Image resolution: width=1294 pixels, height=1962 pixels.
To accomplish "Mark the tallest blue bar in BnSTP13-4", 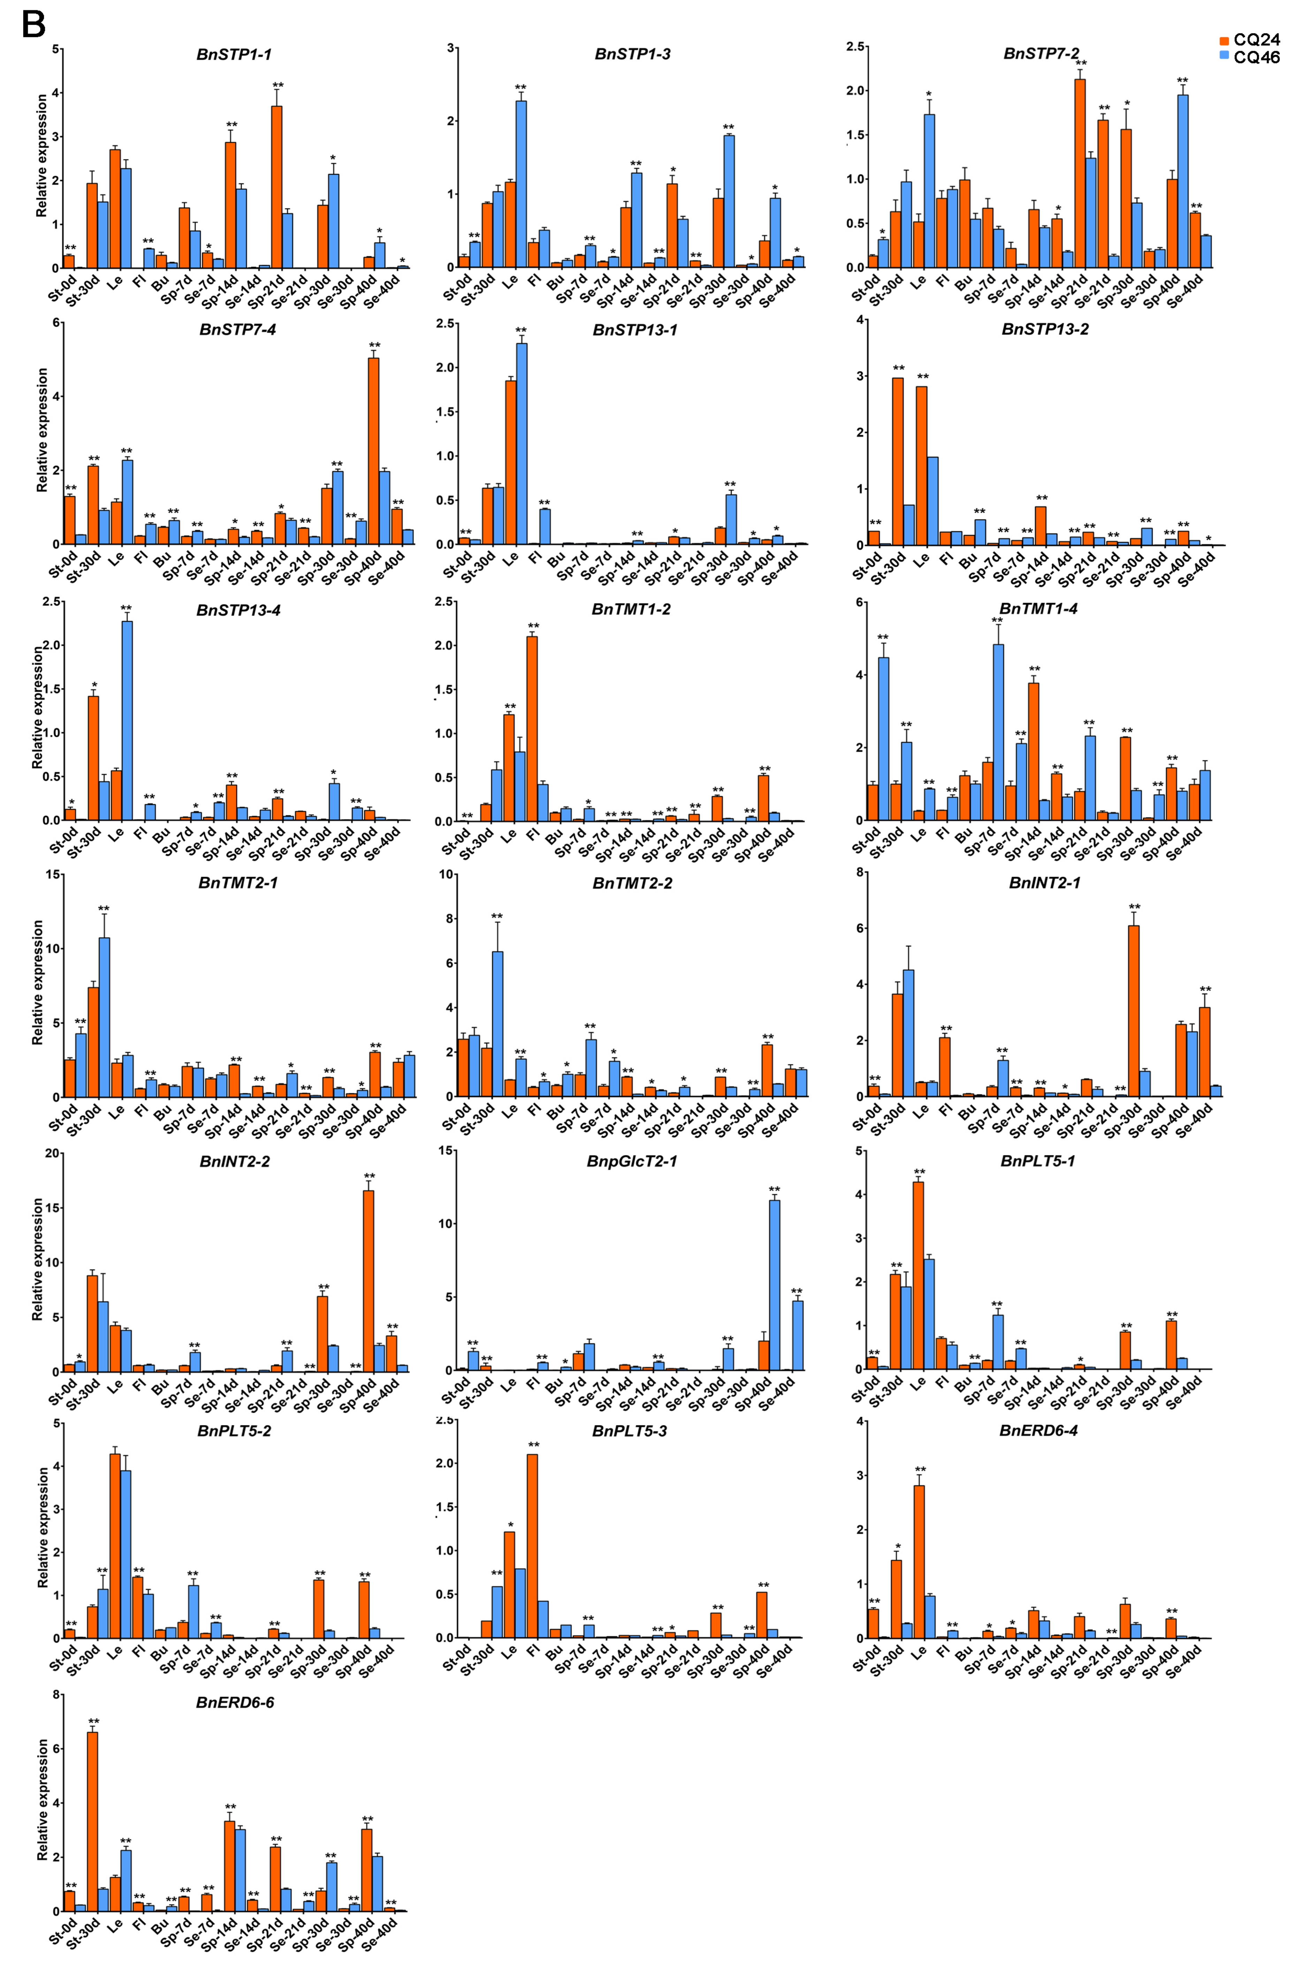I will coord(127,720).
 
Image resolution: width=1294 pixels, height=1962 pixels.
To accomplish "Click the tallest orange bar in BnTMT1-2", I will coord(532,729).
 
